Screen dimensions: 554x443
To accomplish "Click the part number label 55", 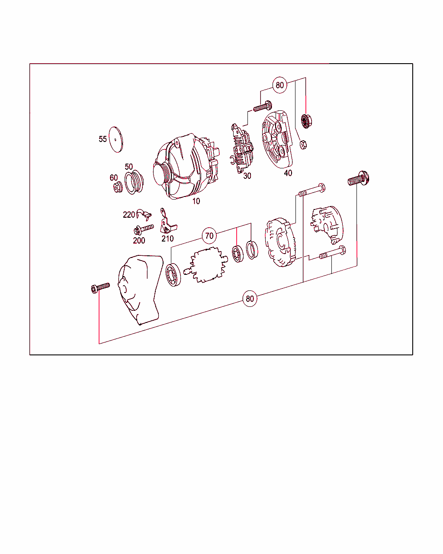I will point(103,139).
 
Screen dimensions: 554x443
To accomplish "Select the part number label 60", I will point(113,178).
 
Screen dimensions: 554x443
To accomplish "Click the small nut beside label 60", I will point(117,188).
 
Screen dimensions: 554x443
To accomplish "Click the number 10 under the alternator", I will point(196,201).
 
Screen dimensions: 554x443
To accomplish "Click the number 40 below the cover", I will point(288,173).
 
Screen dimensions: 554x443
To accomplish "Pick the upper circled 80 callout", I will point(280,85).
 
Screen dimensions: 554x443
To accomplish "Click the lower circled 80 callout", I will point(250,299).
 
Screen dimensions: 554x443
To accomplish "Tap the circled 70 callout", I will point(209,236).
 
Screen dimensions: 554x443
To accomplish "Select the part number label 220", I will point(129,215).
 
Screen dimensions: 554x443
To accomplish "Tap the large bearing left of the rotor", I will point(173,275).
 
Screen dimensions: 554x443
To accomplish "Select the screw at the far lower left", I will point(100,287).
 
